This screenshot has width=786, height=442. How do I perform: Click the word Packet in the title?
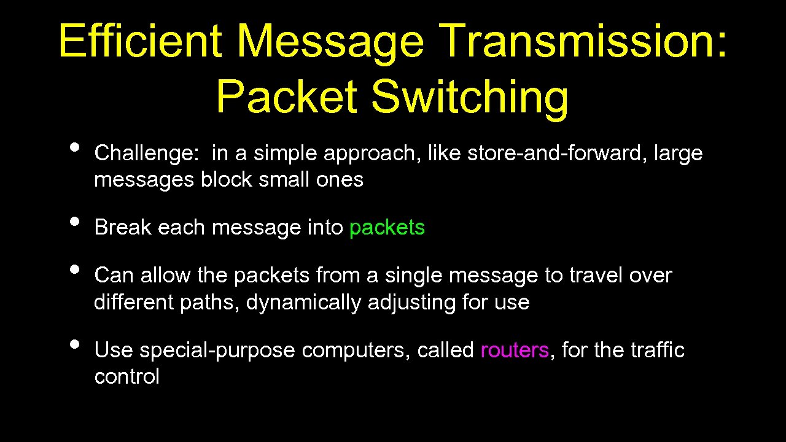pyautogui.click(x=286, y=97)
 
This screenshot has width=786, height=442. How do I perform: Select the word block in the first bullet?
pyautogui.click(x=226, y=180)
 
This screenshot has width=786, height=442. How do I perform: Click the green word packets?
pyautogui.click(x=387, y=228)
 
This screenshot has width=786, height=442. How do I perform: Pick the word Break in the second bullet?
pyautogui.click(x=123, y=227)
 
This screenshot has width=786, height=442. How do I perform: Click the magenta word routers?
pyautogui.click(x=515, y=350)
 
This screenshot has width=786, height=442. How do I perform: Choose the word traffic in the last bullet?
pyautogui.click(x=657, y=350)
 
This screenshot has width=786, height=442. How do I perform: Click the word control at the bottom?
pyautogui.click(x=126, y=376)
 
